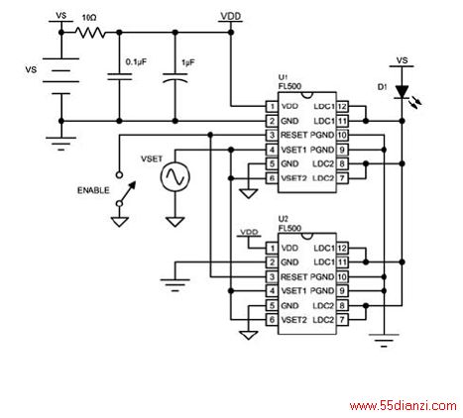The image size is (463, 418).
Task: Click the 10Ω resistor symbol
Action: click(x=90, y=33)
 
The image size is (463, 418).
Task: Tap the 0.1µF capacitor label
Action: click(x=136, y=61)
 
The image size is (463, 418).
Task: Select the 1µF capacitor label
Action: click(x=188, y=62)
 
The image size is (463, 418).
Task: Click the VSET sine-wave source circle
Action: click(x=174, y=176)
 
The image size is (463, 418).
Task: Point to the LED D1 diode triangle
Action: click(x=402, y=92)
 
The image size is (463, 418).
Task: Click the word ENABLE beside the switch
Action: click(x=93, y=190)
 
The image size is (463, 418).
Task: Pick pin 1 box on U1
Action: click(x=272, y=106)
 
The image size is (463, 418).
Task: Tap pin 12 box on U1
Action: click(x=342, y=106)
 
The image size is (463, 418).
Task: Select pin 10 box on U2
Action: click(x=342, y=276)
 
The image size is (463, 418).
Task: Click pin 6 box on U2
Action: click(x=272, y=320)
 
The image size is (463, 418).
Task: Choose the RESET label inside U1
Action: click(x=293, y=135)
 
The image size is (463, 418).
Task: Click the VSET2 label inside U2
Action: click(x=293, y=320)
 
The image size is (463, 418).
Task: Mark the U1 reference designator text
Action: click(x=283, y=78)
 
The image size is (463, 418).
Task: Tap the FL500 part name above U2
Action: click(x=289, y=228)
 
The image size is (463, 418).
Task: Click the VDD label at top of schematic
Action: click(x=231, y=16)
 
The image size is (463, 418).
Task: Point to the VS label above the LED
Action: click(x=402, y=60)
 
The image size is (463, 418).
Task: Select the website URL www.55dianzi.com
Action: click(x=404, y=405)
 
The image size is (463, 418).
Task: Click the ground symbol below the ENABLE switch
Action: click(x=120, y=221)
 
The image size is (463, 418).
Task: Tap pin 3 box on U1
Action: click(x=272, y=135)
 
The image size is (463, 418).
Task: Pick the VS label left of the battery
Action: click(x=31, y=70)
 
